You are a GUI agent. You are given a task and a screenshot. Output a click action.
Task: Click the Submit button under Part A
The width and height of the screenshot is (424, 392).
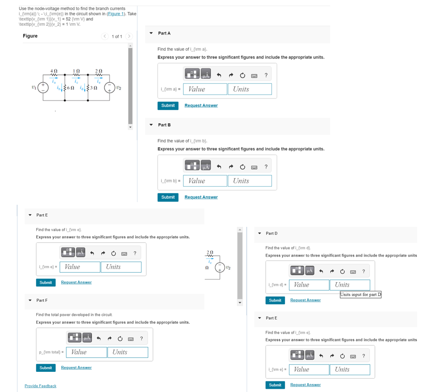point(168,106)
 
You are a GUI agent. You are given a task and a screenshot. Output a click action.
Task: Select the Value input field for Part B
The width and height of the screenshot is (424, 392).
point(205,181)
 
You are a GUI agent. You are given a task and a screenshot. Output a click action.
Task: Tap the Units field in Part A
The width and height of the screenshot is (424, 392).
point(250,89)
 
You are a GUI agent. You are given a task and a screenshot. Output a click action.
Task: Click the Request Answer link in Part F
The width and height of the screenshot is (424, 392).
point(76,368)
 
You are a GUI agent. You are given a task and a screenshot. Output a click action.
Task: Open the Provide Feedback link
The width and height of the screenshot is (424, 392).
point(40,386)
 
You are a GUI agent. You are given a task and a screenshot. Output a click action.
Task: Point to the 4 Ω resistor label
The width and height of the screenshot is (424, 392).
point(54,71)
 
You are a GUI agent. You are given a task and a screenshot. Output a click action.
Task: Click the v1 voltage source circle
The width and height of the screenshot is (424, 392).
point(43,88)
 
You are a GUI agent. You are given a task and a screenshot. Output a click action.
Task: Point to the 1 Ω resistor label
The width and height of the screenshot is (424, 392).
point(76,71)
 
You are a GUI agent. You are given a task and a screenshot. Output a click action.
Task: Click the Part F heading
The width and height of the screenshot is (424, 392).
point(42,300)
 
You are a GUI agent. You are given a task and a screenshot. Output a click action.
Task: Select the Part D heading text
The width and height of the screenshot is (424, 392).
point(271,233)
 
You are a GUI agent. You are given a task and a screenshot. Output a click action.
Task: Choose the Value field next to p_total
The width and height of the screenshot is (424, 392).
point(87,352)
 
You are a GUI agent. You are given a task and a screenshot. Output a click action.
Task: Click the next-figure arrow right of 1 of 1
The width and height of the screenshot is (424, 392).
point(129,36)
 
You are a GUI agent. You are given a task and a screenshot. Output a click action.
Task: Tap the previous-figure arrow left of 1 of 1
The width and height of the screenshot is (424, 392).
point(105,36)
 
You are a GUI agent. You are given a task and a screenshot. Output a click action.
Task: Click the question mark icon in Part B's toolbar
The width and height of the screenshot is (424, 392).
point(266,167)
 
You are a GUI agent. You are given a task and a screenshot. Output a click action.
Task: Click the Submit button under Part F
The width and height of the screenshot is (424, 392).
point(46,368)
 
